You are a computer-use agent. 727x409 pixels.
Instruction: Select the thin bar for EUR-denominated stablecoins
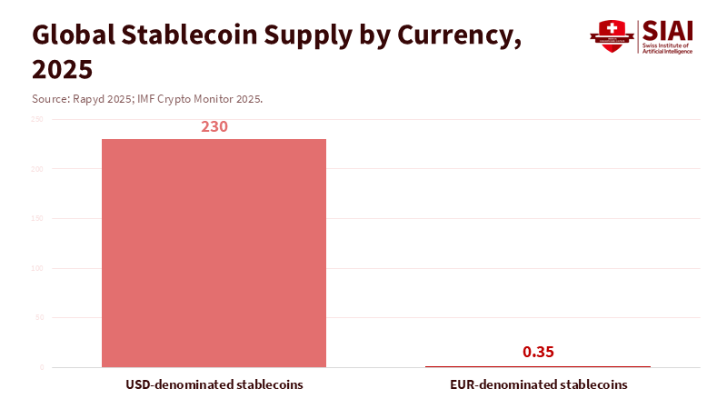point(538,366)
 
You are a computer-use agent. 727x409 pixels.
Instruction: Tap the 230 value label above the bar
point(214,127)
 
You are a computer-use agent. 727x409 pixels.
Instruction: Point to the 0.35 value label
point(538,352)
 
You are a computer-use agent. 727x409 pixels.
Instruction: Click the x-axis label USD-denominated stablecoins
point(214,384)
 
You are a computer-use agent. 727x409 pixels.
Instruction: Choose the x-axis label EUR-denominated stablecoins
point(538,384)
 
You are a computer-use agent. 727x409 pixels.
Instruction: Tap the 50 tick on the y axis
point(39,318)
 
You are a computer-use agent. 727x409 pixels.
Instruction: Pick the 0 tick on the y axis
point(41,367)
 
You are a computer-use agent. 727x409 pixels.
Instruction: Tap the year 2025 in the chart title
point(62,69)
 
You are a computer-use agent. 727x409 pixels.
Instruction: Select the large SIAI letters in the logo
point(667,30)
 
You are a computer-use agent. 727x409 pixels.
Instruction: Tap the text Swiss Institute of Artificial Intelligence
point(667,48)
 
